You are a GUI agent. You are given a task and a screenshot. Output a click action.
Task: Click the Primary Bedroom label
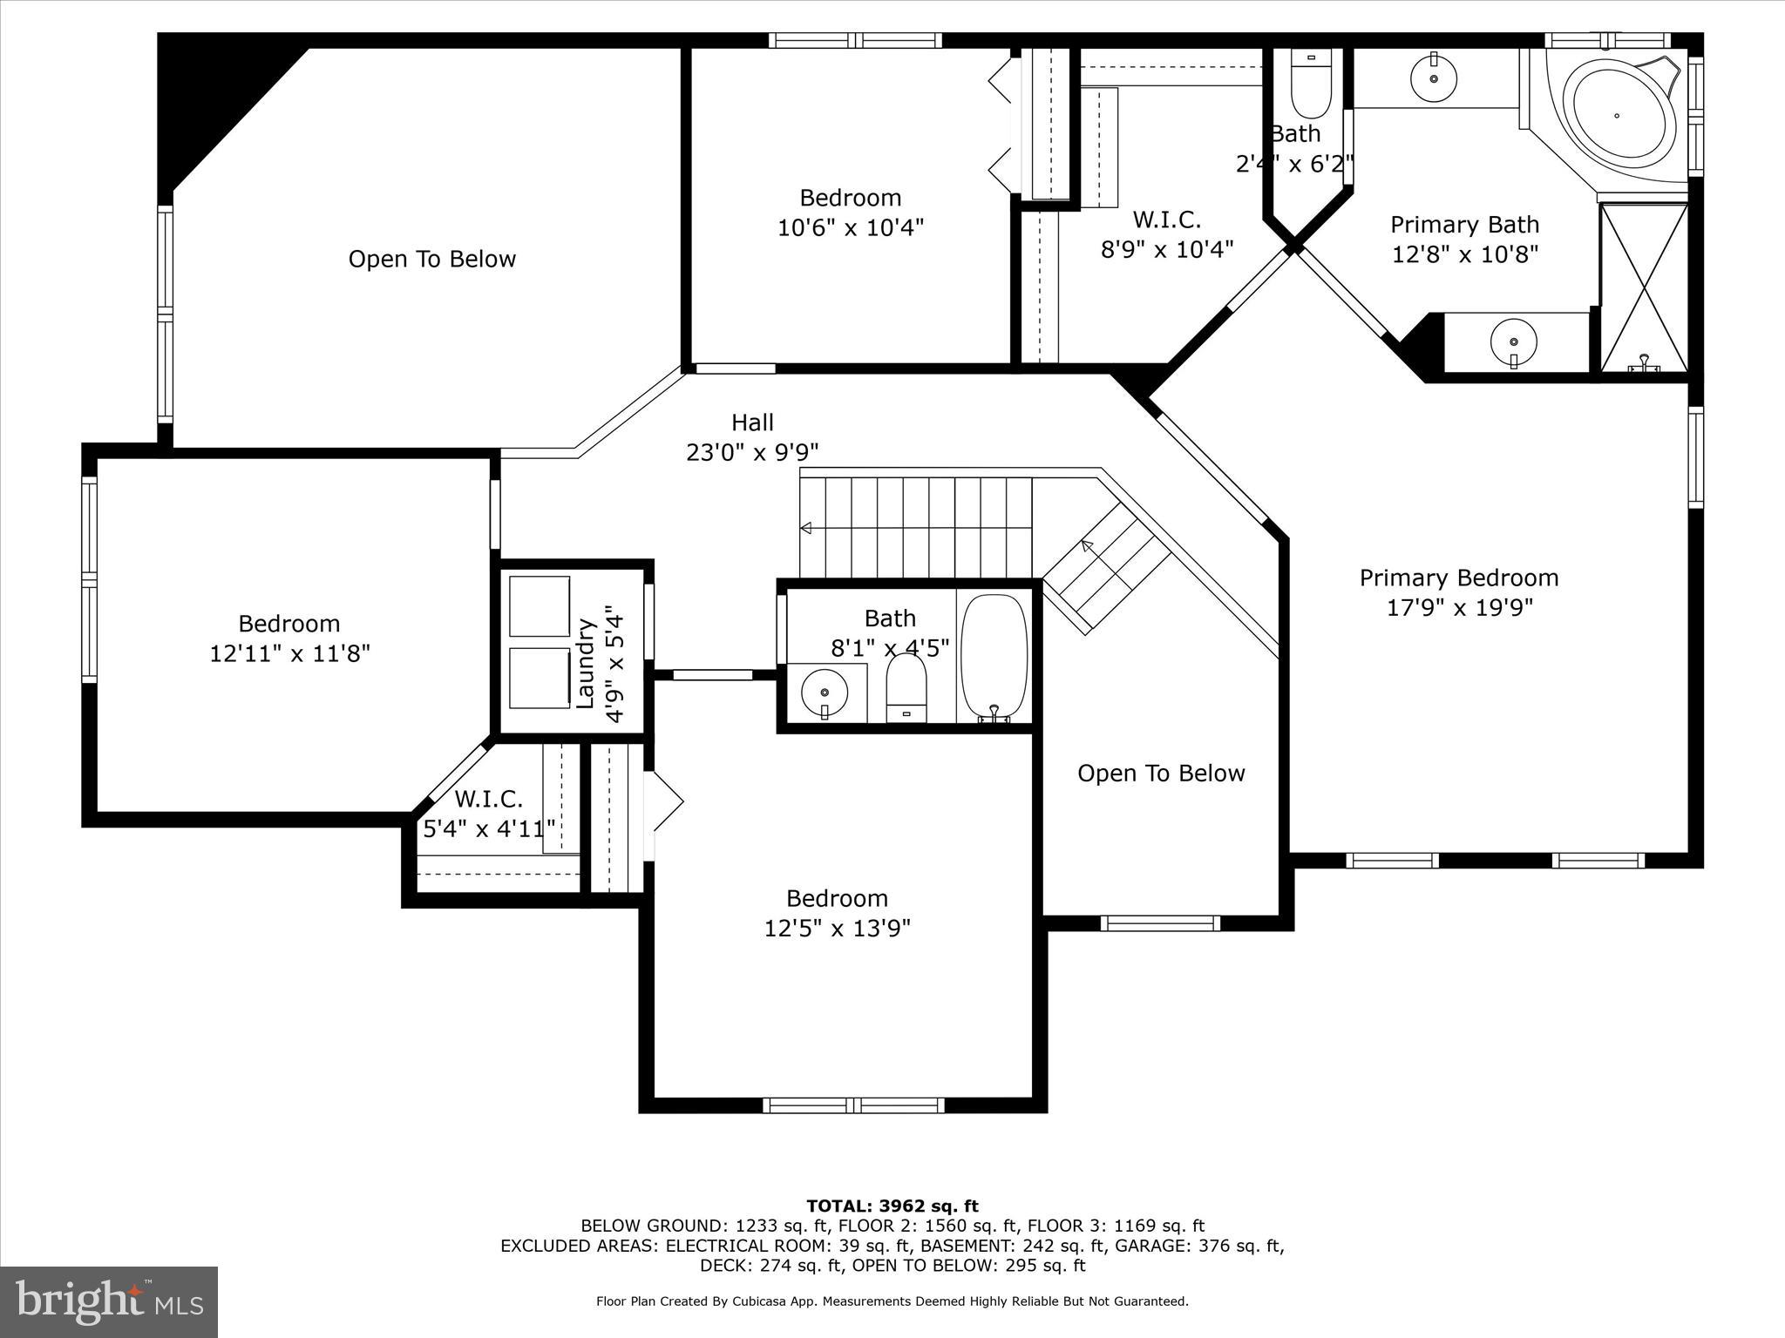click(x=1458, y=578)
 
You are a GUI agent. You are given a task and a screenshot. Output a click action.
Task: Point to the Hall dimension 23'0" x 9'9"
click(x=751, y=453)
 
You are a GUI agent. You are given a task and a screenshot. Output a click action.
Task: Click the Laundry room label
click(x=586, y=662)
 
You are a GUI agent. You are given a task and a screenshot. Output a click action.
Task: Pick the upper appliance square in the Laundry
click(x=540, y=606)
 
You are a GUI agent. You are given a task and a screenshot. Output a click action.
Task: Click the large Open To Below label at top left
click(x=431, y=259)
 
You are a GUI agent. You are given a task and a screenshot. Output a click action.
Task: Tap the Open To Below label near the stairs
click(x=1160, y=774)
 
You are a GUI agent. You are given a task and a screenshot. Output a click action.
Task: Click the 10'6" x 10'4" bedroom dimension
click(x=850, y=228)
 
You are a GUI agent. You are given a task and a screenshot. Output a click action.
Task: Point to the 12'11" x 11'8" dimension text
click(x=289, y=653)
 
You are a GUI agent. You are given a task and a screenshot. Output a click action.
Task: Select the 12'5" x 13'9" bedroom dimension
click(x=837, y=929)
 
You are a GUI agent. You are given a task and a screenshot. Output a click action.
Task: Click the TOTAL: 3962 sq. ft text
click(x=892, y=1206)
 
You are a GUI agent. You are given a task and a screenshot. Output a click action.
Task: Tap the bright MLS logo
click(x=109, y=1302)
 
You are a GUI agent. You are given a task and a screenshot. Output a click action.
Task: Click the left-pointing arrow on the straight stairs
click(x=806, y=528)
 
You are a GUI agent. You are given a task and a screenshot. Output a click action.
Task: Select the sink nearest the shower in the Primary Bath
click(x=1514, y=339)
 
